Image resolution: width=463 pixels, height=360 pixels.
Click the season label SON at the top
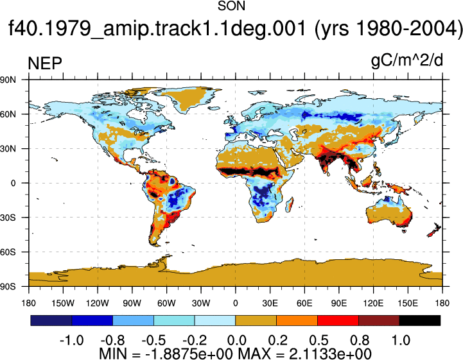coord(231,6)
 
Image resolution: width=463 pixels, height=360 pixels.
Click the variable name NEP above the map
coord(45,64)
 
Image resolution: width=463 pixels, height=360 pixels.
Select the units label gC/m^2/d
coord(407,62)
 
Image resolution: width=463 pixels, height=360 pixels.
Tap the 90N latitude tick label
coord(8,80)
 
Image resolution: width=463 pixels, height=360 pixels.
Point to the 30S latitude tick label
coord(8,218)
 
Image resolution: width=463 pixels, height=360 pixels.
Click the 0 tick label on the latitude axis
coord(13,184)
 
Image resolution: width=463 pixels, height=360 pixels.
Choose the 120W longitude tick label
coord(98,303)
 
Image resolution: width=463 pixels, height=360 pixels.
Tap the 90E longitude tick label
coord(338,303)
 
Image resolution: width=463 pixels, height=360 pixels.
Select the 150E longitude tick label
coord(408,303)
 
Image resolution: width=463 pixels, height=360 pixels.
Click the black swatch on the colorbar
coord(419,320)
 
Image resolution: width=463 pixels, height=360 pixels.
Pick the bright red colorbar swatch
coord(338,320)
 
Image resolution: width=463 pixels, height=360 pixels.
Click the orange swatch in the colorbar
coord(297,320)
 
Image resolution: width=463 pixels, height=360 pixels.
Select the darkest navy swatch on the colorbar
coord(51,320)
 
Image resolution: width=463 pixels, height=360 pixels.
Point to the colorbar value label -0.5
coord(153,341)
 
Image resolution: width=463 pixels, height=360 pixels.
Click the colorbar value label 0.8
coord(360,341)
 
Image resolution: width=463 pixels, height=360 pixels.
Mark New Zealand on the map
coord(434,230)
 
